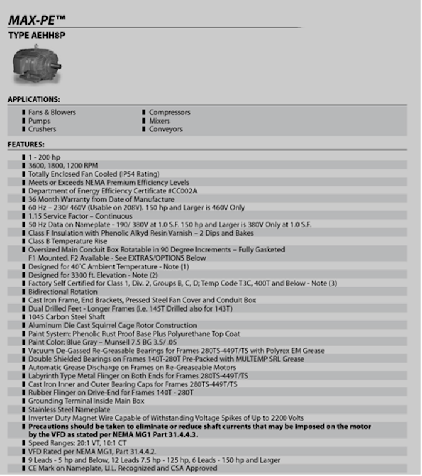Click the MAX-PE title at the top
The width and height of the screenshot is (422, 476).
37,20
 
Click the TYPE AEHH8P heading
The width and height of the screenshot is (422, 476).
36,36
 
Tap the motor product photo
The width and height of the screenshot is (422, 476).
37,66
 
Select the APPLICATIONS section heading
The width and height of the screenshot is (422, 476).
34,99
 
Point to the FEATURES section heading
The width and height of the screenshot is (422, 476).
26,145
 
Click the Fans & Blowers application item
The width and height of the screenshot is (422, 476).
52,113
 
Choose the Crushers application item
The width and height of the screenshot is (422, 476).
42,129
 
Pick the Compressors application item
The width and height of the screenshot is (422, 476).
169,113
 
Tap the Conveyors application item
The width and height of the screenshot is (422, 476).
165,129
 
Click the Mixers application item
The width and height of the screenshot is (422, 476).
159,121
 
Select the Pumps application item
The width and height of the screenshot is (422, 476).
39,121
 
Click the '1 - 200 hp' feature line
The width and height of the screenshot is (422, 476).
44,157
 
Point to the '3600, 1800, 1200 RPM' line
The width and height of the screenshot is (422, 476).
63,165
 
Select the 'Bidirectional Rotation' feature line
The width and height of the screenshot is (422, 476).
63,292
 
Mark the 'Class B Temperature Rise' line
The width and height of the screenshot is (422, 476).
68,241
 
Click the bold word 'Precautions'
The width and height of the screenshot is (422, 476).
51,426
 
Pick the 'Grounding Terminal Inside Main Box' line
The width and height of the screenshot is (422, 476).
86,401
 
